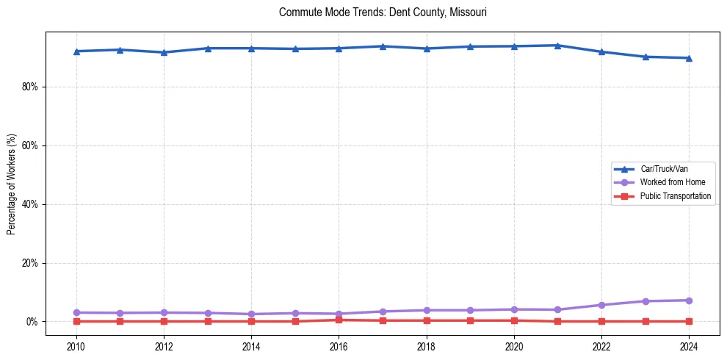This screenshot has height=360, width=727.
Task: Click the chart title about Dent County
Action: point(383,12)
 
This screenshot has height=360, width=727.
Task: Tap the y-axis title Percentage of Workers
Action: point(12,184)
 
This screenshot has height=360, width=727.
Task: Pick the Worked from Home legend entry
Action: point(668,182)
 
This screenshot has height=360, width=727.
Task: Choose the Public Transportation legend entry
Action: point(675,196)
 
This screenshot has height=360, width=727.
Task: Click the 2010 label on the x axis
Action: point(76,345)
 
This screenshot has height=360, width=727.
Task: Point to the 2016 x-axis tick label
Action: point(339,345)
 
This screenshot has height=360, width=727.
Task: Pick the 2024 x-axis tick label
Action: point(689,345)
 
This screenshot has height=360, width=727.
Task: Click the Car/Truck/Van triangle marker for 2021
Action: point(557,46)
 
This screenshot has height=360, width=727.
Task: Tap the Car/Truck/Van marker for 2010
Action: point(76,51)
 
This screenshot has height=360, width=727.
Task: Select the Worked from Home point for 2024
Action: point(689,300)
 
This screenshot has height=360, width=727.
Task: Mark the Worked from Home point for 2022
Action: point(601,305)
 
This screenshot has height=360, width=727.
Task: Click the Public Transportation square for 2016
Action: point(339,320)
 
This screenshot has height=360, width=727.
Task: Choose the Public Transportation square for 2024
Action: point(689,321)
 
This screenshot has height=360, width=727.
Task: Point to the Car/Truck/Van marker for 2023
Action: point(645,57)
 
